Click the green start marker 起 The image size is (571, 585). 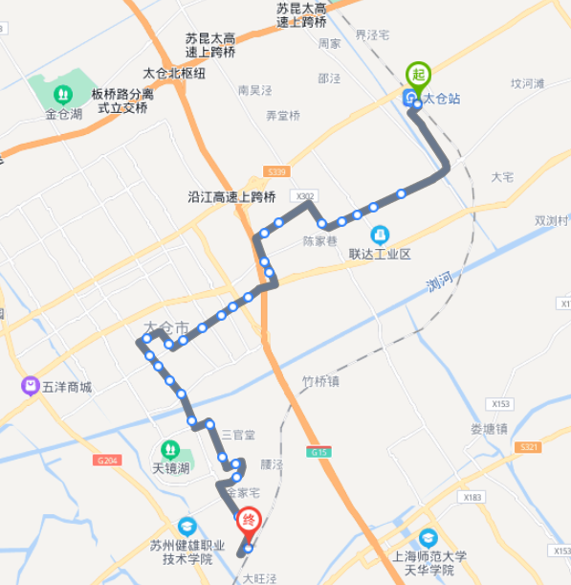(417, 75)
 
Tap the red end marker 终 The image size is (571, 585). (248, 522)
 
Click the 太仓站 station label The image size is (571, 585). (441, 98)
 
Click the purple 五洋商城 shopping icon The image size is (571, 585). (30, 387)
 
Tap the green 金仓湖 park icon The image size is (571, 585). (62, 95)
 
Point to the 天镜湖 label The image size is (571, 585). (170, 468)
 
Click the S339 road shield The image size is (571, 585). (276, 171)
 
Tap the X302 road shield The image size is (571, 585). (305, 196)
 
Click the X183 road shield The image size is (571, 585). (470, 497)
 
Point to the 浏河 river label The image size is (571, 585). (439, 282)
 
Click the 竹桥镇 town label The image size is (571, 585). (320, 381)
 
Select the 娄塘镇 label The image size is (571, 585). (489, 429)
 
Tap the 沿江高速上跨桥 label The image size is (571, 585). (231, 197)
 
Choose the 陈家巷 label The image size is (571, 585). (320, 241)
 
